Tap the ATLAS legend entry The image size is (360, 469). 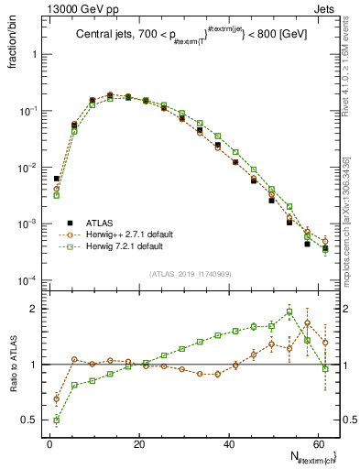click(99, 223)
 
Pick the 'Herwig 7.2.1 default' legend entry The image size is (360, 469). click(124, 246)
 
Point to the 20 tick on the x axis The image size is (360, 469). click(138, 443)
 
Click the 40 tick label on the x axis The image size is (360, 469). click(228, 443)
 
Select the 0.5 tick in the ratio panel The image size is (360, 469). click(31, 420)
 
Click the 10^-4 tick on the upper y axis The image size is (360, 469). click(27, 280)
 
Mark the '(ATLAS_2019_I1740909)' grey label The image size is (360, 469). click(190, 274)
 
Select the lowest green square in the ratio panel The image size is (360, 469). click(57, 420)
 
